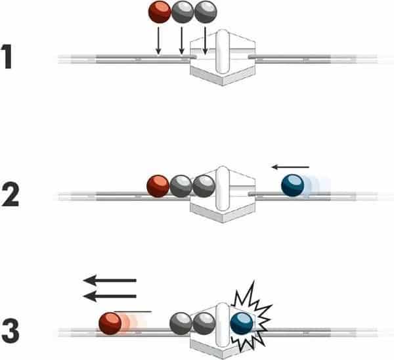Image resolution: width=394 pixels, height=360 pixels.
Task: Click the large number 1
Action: (7, 56)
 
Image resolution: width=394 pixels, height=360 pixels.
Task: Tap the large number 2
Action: (11, 194)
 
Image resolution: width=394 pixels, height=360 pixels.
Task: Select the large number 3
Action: (11, 331)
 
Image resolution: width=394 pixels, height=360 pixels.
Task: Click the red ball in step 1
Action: (160, 12)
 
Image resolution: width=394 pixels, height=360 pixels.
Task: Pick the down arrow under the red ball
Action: (158, 41)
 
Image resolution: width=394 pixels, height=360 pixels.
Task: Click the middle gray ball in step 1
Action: (183, 12)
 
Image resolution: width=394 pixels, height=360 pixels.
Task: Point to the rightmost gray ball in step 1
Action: (206, 12)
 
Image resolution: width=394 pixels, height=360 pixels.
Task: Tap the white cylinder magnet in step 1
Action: (223, 52)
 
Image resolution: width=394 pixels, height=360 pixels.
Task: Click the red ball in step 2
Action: (158, 187)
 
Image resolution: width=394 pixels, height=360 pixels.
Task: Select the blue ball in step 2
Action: (293, 186)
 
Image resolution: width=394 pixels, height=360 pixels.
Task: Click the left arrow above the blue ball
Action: (290, 167)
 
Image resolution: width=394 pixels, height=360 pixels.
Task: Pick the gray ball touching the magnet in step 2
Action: (204, 187)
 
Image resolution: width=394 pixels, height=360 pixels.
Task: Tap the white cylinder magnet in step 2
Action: (223, 189)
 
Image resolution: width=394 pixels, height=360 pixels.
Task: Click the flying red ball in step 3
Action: (110, 324)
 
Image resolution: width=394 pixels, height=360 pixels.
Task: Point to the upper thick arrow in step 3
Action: (110, 281)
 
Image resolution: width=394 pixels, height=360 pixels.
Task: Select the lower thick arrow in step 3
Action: (110, 296)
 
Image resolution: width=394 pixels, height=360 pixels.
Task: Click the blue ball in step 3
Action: (242, 324)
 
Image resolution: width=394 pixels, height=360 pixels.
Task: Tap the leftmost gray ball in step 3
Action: (181, 324)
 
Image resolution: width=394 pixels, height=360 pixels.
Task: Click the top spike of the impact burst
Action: (253, 281)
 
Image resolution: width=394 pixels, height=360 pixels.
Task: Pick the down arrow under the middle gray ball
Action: (182, 41)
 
